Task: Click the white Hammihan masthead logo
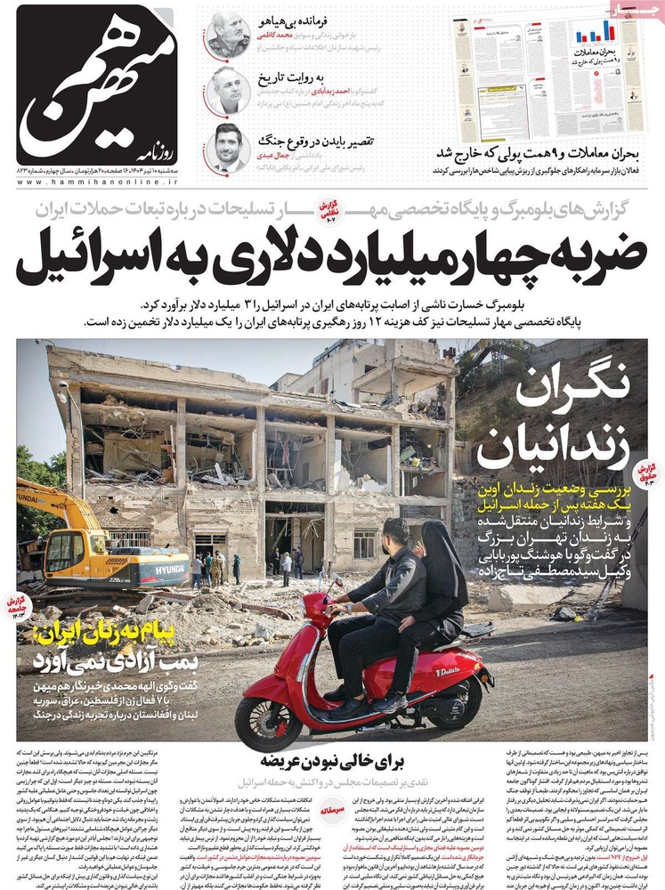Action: click(x=96, y=85)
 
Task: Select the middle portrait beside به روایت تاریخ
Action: click(x=228, y=90)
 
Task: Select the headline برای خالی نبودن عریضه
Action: click(x=333, y=761)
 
